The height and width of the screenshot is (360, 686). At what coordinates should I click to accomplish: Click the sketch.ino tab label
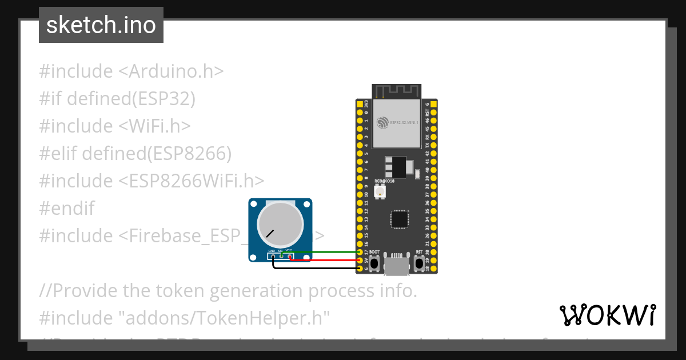click(101, 25)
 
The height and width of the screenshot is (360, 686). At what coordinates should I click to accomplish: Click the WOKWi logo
click(607, 315)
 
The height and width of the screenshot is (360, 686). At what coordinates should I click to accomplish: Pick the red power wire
click(332, 260)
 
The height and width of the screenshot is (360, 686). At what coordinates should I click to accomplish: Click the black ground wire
click(320, 268)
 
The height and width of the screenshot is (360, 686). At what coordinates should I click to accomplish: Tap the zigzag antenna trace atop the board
click(397, 90)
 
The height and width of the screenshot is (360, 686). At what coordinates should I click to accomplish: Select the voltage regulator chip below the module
click(396, 167)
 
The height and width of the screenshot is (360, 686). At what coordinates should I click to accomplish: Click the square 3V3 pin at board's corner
click(360, 105)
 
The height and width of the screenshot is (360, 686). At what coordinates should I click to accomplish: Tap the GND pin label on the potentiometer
click(272, 251)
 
